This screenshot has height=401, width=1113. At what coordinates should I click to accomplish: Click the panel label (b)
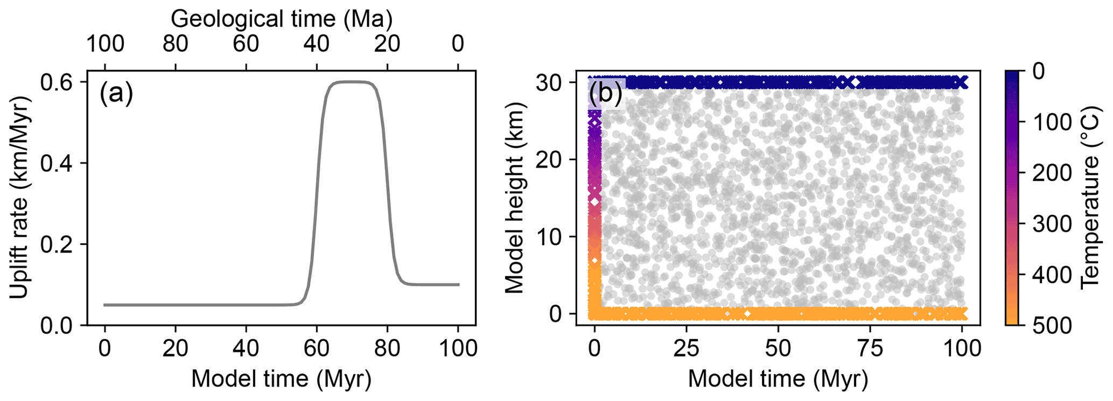606,95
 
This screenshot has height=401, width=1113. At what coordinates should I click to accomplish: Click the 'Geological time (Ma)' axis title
281,19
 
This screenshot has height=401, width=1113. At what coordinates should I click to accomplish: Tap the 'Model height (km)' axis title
514,198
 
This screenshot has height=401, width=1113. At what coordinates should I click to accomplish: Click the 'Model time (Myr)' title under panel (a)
281,378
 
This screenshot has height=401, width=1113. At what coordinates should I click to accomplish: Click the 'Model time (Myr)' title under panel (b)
778,378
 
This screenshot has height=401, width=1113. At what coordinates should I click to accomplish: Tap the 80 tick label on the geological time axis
176,44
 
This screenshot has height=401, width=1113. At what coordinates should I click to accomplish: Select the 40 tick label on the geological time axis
317,44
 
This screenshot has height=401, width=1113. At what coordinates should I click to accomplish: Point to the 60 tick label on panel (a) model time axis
317,348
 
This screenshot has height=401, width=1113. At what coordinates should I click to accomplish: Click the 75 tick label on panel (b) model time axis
871,348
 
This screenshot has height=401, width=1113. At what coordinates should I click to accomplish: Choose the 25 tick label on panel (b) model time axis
687,348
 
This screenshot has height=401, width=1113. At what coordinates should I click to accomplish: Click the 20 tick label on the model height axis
549,160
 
